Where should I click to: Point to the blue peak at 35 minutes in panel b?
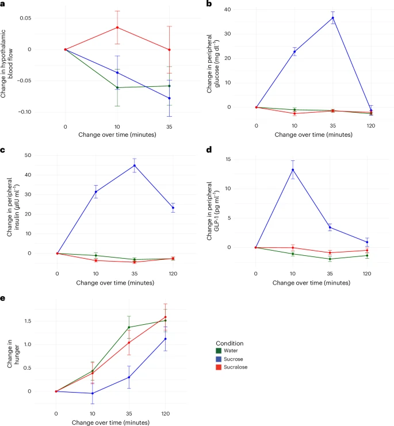[332, 18]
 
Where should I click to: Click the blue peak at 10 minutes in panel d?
[293, 170]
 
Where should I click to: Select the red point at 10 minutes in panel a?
[117, 27]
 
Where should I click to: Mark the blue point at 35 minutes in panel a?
[169, 98]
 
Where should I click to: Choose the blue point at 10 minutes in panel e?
[93, 393]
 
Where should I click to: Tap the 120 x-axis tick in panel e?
[165, 413]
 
